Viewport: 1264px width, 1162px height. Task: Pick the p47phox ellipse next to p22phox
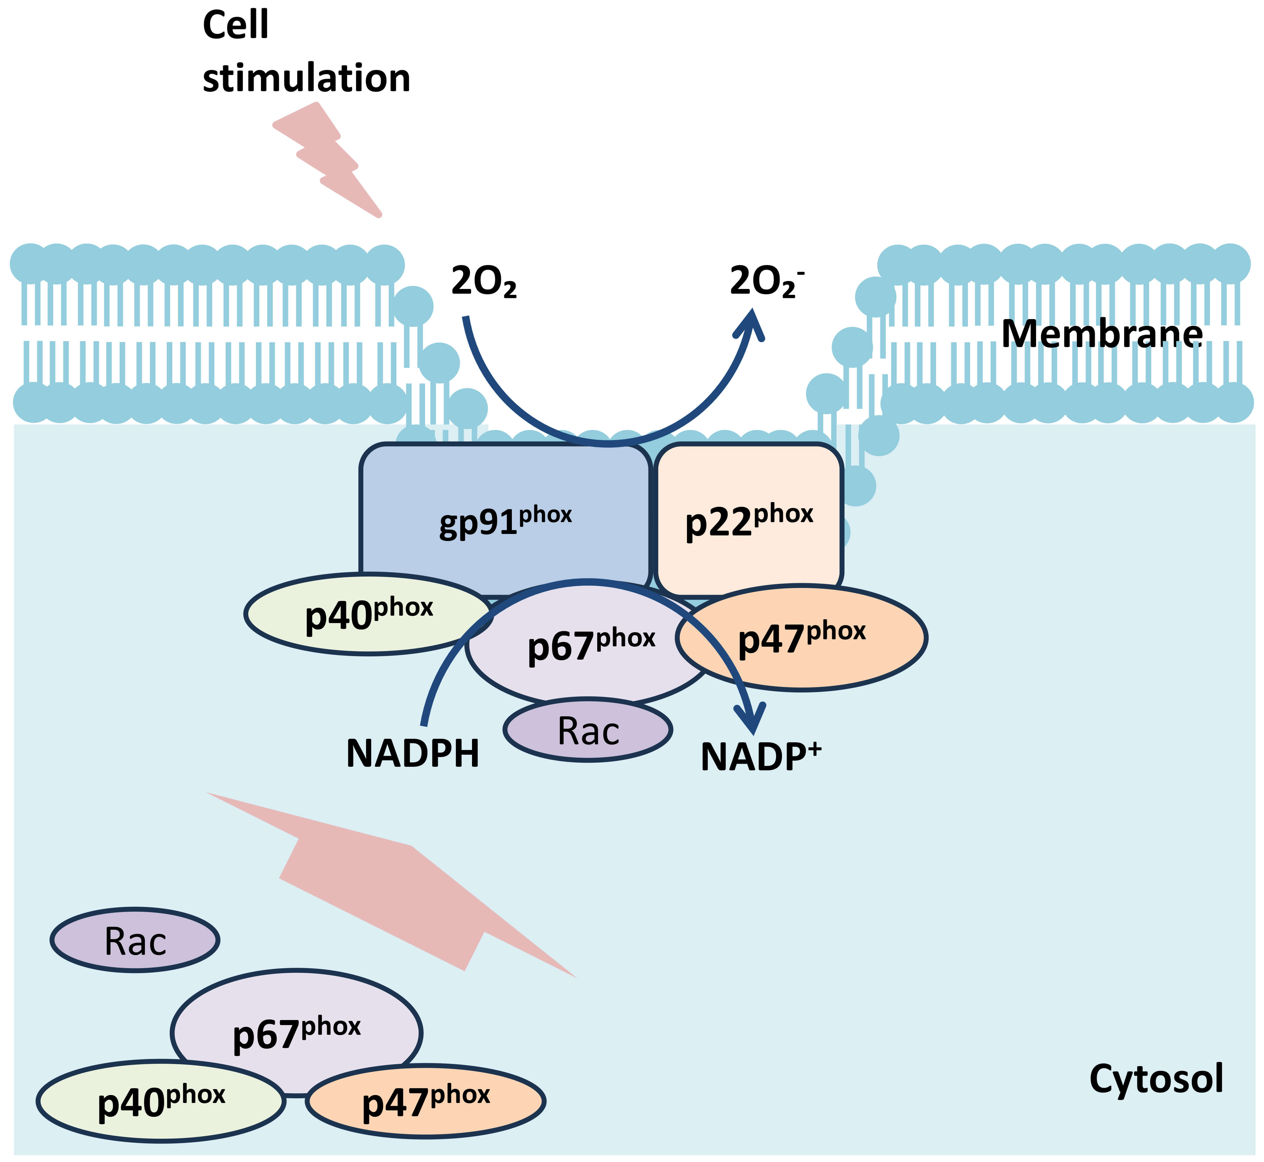[x=802, y=638]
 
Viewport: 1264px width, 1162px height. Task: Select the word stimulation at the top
[x=306, y=79]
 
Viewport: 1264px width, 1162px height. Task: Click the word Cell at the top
[x=236, y=25]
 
